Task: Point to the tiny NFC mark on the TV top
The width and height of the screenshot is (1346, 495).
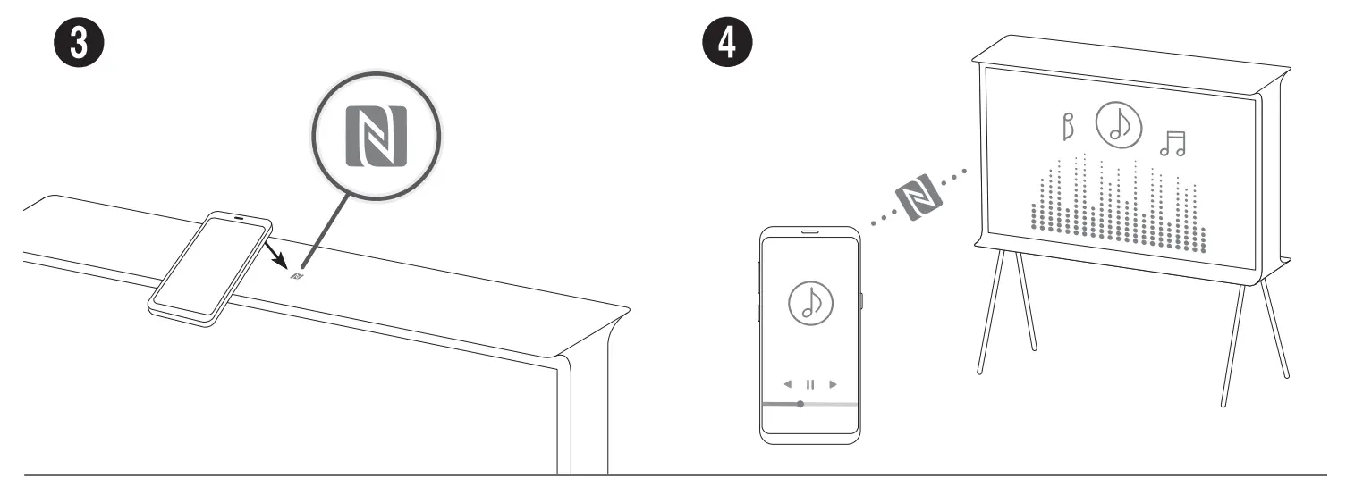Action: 297,276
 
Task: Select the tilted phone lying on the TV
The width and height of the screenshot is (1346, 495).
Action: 211,266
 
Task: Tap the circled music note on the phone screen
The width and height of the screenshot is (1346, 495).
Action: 809,304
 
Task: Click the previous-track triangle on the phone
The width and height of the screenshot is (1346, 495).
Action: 788,384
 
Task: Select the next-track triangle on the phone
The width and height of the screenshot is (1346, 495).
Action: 833,384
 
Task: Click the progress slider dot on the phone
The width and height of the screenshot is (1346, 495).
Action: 800,404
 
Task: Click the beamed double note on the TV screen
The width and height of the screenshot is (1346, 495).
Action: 1172,143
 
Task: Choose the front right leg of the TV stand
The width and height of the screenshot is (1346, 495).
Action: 1235,340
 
